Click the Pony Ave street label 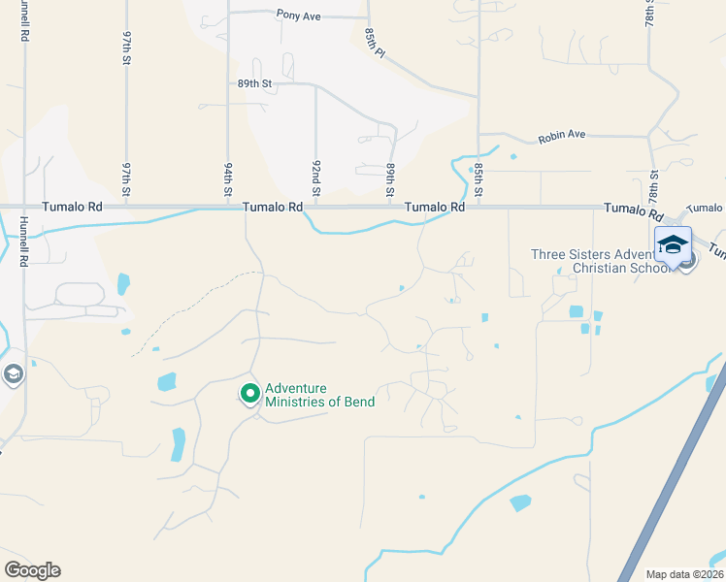[x=297, y=15]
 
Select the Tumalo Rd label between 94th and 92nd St [x=273, y=207]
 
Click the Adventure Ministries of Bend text [x=319, y=395]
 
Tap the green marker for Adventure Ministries [x=249, y=394]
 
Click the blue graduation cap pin [x=673, y=246]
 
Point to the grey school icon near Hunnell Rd [x=13, y=373]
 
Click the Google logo [x=32, y=570]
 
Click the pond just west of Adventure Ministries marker [x=166, y=381]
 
